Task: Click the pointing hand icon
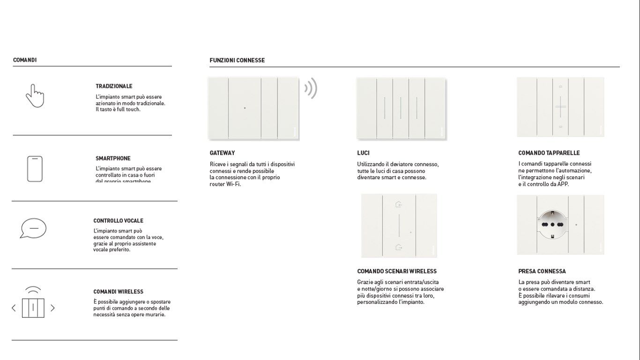35,96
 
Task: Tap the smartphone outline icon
35,169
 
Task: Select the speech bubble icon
33,228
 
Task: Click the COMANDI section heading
25,60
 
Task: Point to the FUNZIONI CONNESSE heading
237,60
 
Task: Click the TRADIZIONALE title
114,86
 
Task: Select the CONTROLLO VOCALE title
118,221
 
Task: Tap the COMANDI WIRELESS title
118,292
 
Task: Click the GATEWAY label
222,153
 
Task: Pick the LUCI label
363,153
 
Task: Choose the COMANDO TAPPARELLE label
549,153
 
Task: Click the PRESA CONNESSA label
542,271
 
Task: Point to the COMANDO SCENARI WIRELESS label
396,271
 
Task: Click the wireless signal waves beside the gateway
311,88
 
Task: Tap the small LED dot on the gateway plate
245,108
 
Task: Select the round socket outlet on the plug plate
552,225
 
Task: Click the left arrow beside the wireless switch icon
14,308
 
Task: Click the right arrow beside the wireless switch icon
52,308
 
